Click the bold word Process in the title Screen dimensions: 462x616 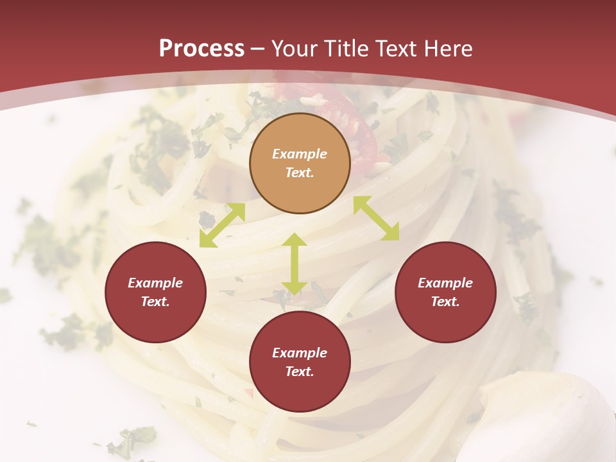click(201, 48)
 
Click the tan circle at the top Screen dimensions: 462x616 click(300, 163)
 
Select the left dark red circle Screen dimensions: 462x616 click(155, 292)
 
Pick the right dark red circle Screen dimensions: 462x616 click(445, 292)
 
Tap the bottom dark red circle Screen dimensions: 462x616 click(300, 362)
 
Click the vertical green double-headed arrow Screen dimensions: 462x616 click(295, 264)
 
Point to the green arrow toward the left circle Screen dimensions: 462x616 click(222, 225)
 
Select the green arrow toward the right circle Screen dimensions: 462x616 click(376, 218)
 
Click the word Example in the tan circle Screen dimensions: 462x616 click(300, 154)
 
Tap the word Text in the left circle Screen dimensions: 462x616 click(155, 302)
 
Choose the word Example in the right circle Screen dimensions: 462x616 click(445, 283)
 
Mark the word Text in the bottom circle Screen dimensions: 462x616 click(300, 372)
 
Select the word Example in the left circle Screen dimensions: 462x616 click(155, 283)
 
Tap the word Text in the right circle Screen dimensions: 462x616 click(445, 302)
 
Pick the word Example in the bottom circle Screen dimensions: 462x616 click(300, 353)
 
